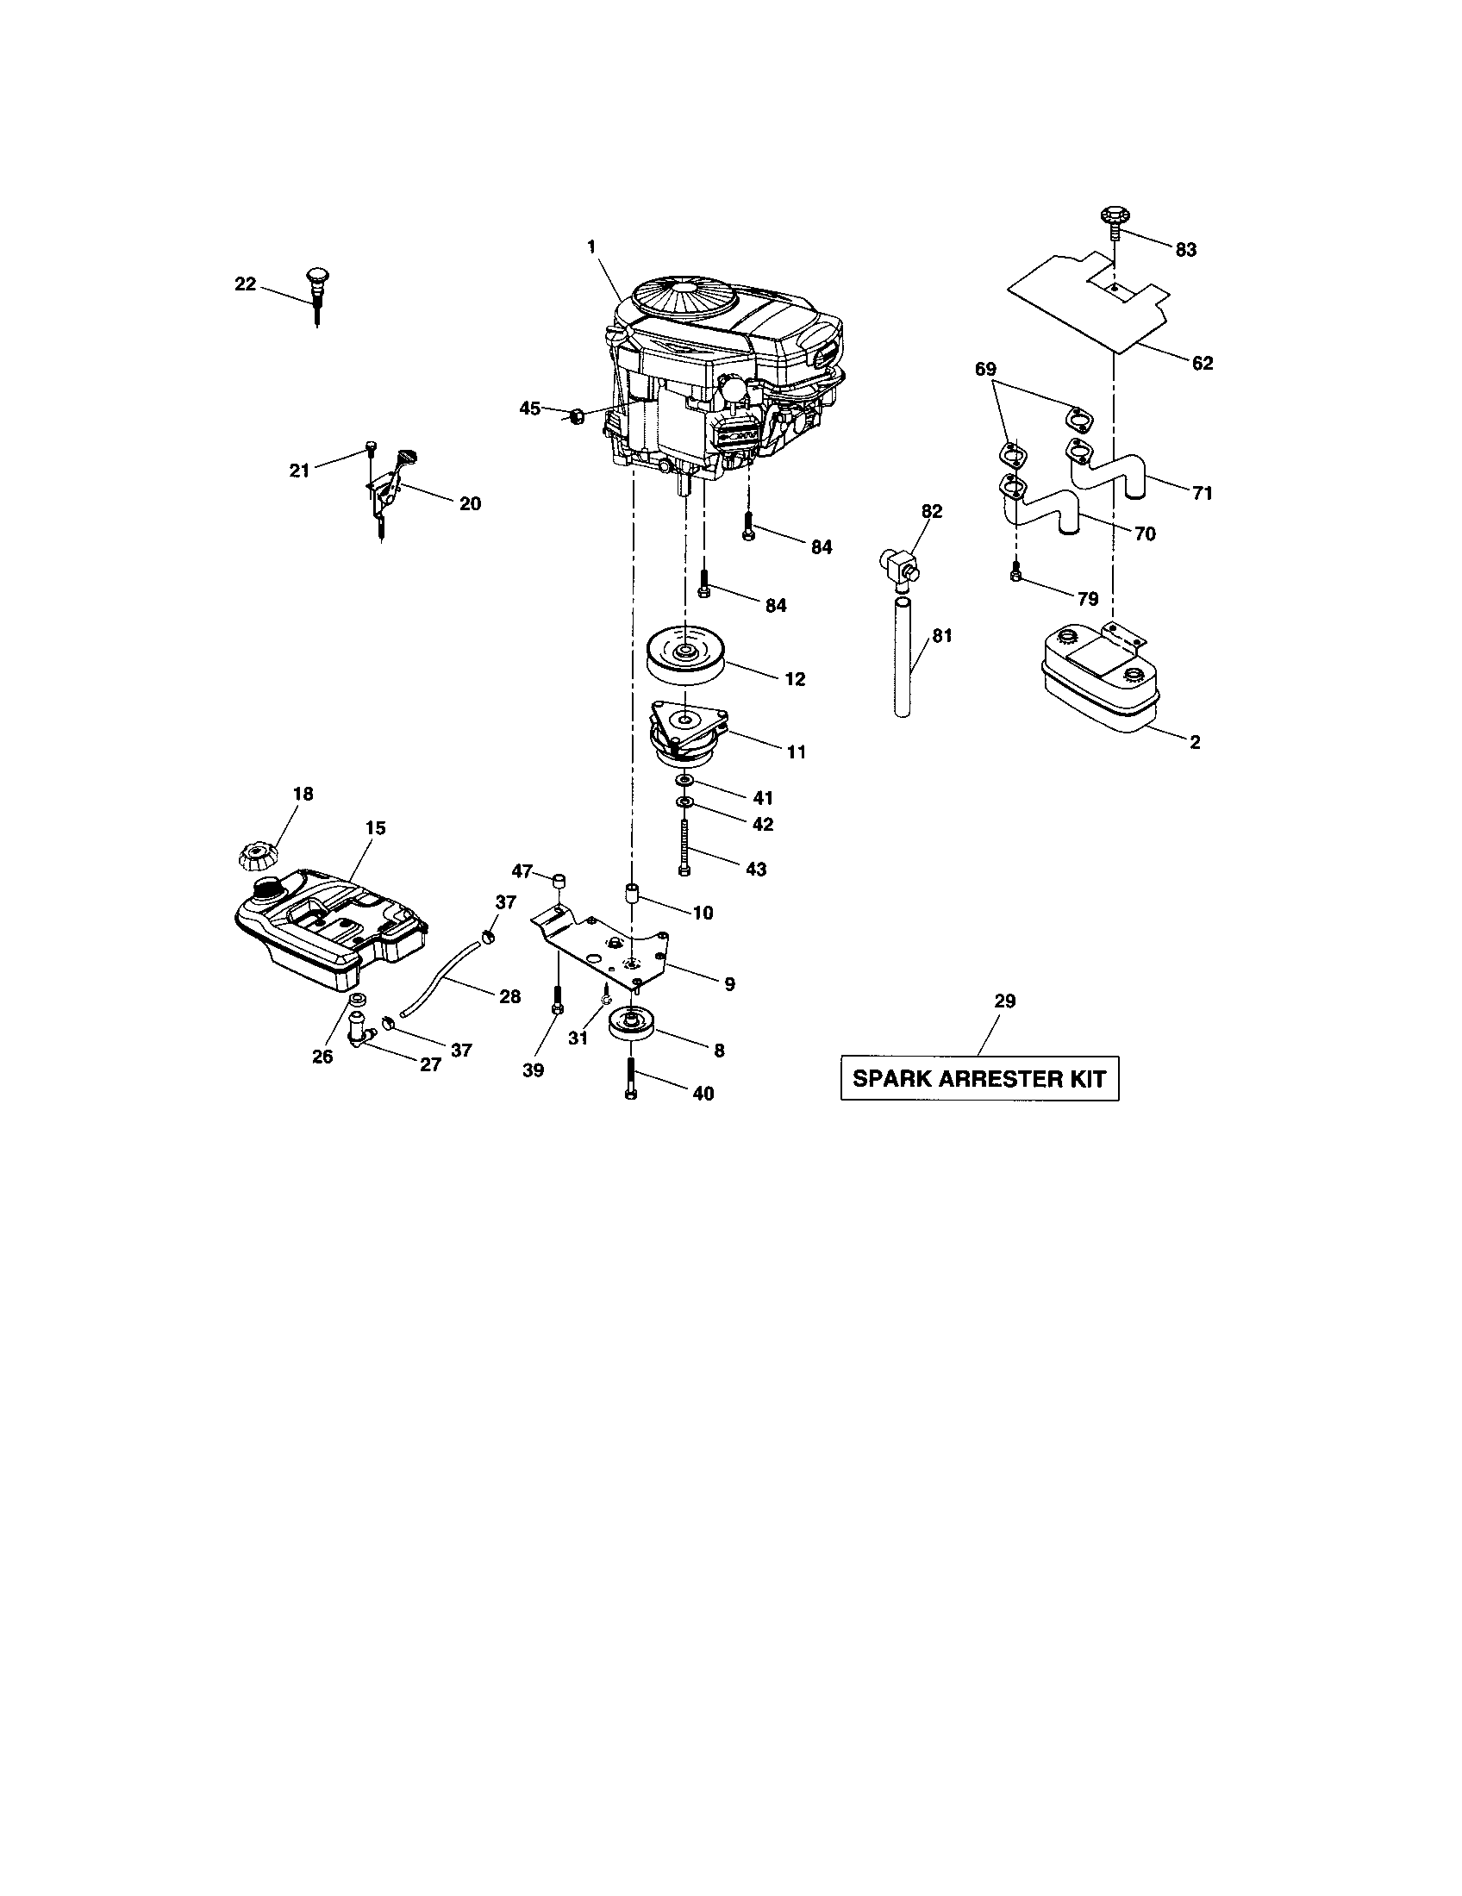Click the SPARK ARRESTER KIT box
[x=979, y=1078]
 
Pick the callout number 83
[x=1185, y=250]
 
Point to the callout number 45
[x=529, y=408]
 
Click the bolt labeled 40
[x=631, y=1078]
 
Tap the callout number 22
[x=246, y=284]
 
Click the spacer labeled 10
[x=632, y=895]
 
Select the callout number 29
[x=1004, y=1001]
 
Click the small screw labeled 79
[x=1016, y=570]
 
